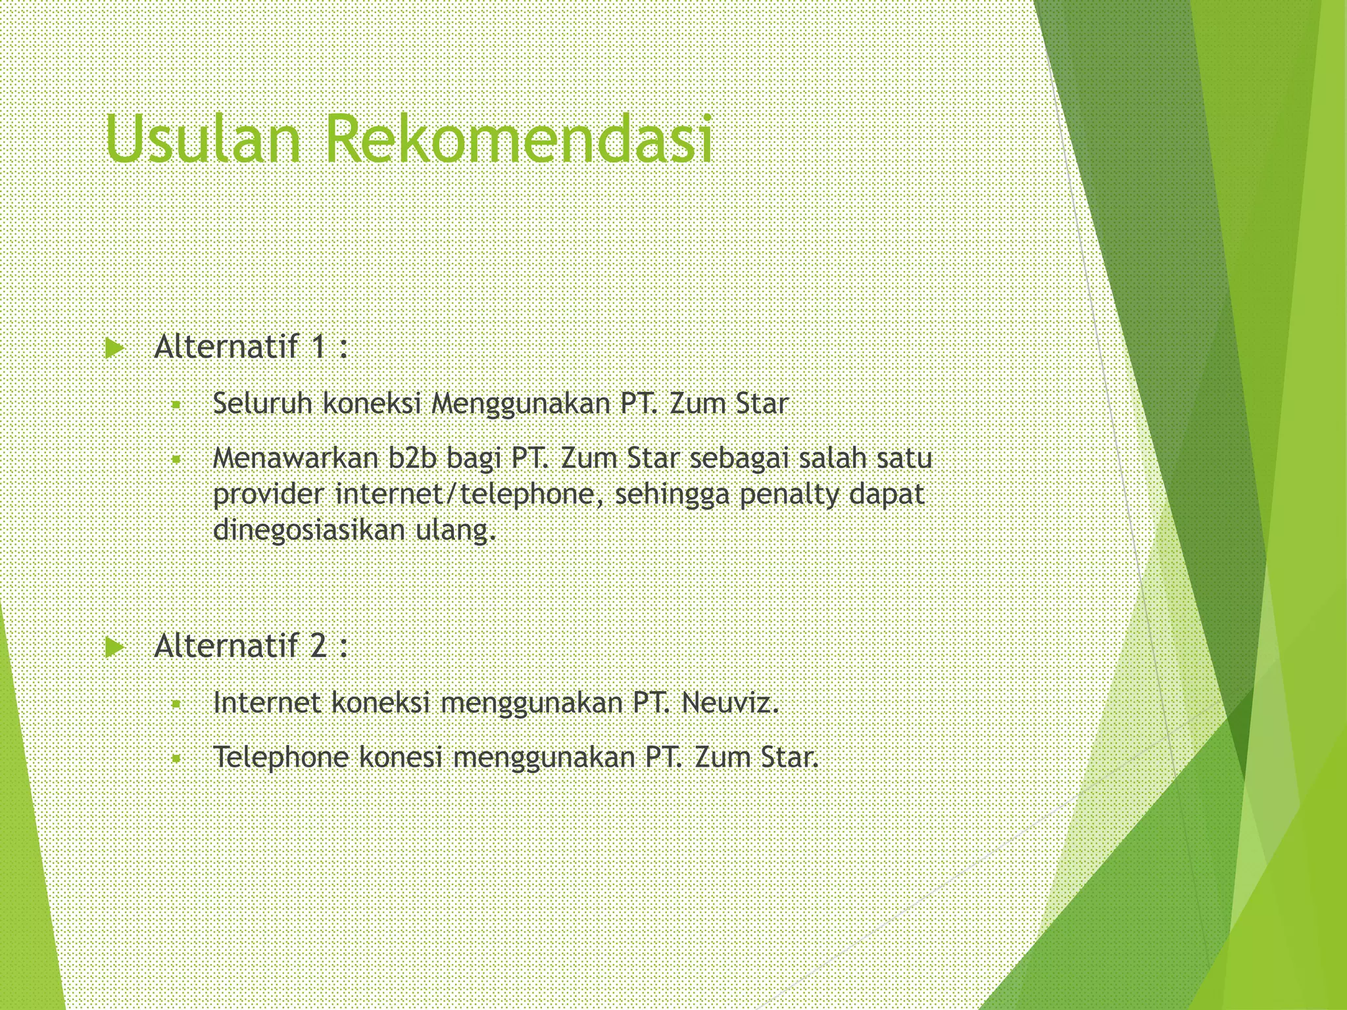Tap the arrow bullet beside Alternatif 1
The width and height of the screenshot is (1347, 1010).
(114, 349)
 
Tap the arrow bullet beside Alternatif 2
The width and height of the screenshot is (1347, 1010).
(114, 648)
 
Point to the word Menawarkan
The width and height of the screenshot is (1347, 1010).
(295, 458)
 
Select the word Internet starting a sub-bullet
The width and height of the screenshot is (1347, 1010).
(267, 703)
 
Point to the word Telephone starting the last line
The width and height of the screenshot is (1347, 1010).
(281, 757)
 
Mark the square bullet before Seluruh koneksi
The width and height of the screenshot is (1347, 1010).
(176, 405)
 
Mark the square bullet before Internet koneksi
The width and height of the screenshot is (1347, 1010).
(176, 705)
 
